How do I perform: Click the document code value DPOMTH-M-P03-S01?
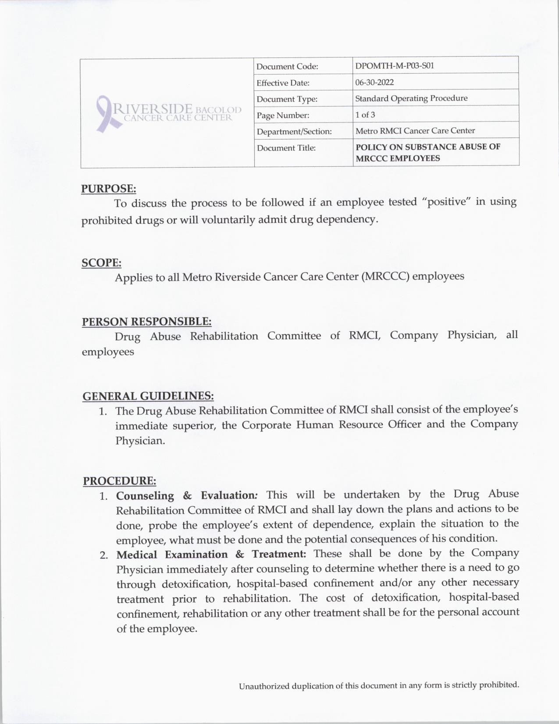[394, 66]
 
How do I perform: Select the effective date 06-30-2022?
[374, 82]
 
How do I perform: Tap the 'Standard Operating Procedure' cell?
[411, 98]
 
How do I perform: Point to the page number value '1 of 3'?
[365, 115]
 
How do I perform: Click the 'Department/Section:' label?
[294, 132]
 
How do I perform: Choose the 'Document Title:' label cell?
[286, 148]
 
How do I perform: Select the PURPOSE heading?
[108, 189]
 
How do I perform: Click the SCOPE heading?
[101, 263]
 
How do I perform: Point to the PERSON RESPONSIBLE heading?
[146, 322]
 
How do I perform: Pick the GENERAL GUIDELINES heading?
[148, 396]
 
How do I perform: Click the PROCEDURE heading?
[119, 481]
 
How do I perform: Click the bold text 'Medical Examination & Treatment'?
[211, 555]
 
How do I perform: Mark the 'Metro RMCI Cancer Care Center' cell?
[415, 131]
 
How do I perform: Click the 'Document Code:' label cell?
[287, 67]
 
